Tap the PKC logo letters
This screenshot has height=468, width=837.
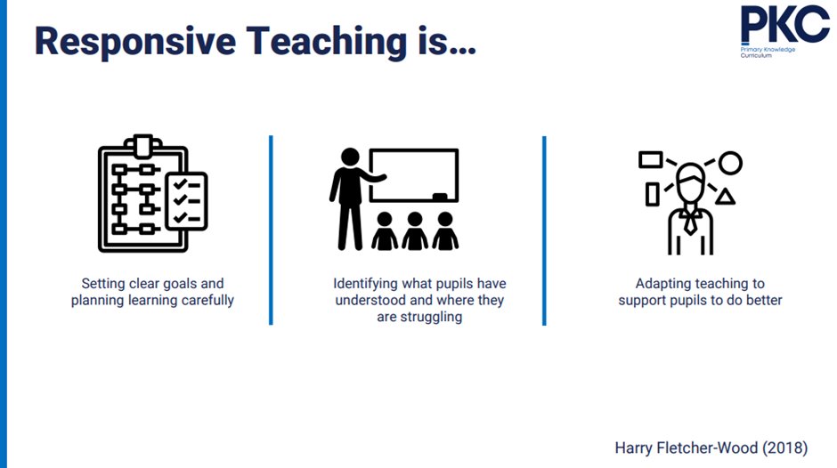pyautogui.click(x=784, y=24)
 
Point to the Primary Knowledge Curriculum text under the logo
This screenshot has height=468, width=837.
pyautogui.click(x=767, y=53)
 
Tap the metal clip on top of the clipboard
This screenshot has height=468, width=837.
pyautogui.click(x=142, y=143)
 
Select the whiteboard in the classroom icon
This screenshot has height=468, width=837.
pyautogui.click(x=413, y=175)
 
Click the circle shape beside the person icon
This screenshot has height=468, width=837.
pyautogui.click(x=730, y=163)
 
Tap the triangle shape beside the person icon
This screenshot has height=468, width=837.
pyautogui.click(x=726, y=197)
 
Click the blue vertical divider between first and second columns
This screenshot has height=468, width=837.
pyautogui.click(x=271, y=230)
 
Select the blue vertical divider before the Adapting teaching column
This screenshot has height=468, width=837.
pyautogui.click(x=544, y=230)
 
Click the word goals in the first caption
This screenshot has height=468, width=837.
pyautogui.click(x=170, y=284)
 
